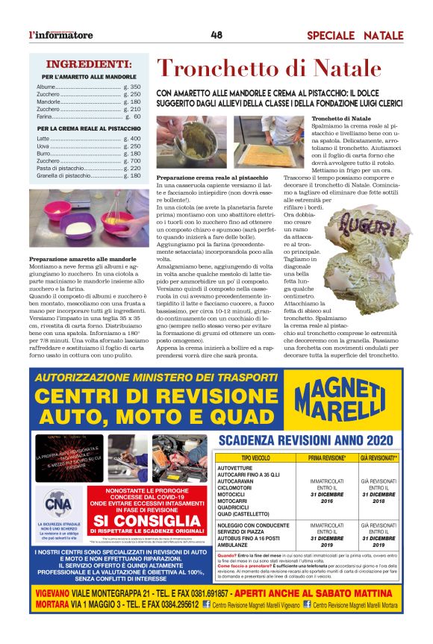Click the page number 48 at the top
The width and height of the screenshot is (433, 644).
coord(216,34)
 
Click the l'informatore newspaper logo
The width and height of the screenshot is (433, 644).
coord(61,35)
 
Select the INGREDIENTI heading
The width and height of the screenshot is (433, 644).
coord(89,64)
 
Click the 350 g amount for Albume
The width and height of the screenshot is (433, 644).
coord(132,87)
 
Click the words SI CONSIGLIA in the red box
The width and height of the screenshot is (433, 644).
coord(158,520)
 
